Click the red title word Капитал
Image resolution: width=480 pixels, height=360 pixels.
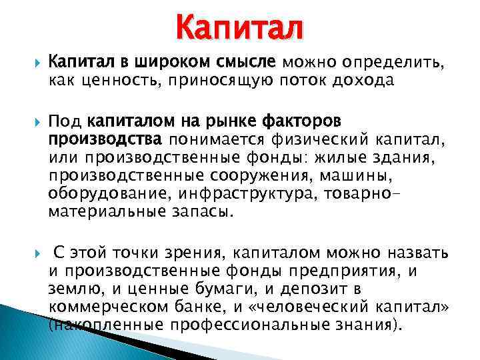tap(239, 27)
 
